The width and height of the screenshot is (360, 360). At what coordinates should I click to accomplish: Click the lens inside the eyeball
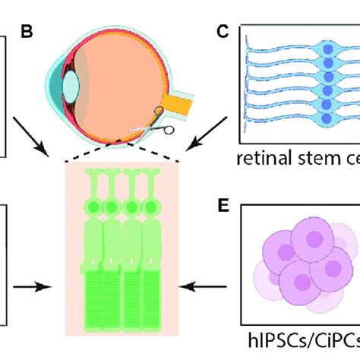tap(73, 85)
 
